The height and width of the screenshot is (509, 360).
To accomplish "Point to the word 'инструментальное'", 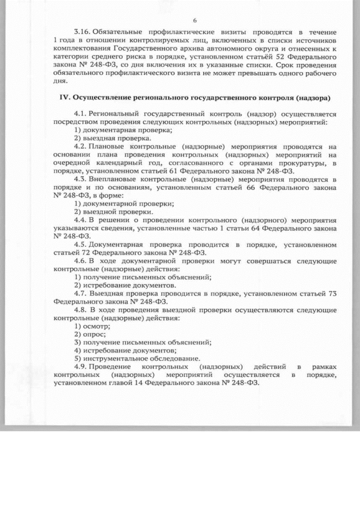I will pyautogui.click(x=116, y=358).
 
